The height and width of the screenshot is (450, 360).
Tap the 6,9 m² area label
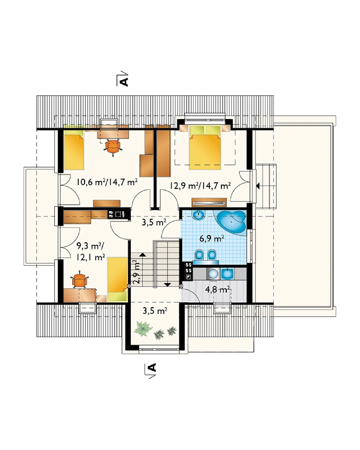pos(212,238)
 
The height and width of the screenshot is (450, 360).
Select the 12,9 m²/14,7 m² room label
pos(200,186)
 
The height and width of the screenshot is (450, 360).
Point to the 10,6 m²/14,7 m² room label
pos(107,182)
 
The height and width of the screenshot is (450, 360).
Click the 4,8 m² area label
pos(218,290)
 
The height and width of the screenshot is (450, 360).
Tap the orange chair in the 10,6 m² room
pos(113,146)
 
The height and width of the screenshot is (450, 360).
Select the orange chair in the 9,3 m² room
pos(79,279)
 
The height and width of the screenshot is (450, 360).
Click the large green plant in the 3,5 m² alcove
pos(143,328)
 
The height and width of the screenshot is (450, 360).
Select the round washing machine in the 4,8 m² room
pos(213,274)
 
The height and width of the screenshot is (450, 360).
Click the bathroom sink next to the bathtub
pos(198,215)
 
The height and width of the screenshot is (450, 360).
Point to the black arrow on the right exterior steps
pos(258,186)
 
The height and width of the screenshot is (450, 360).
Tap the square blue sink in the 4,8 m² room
pos(227,273)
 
